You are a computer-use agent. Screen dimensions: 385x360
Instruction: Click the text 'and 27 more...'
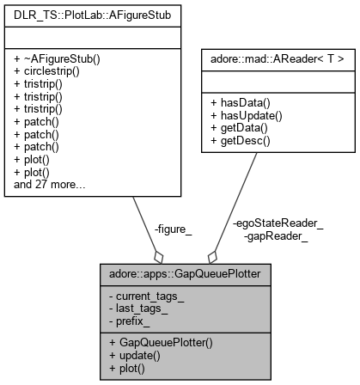point(44,183)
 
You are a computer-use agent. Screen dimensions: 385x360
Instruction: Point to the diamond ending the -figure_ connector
point(157,257)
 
